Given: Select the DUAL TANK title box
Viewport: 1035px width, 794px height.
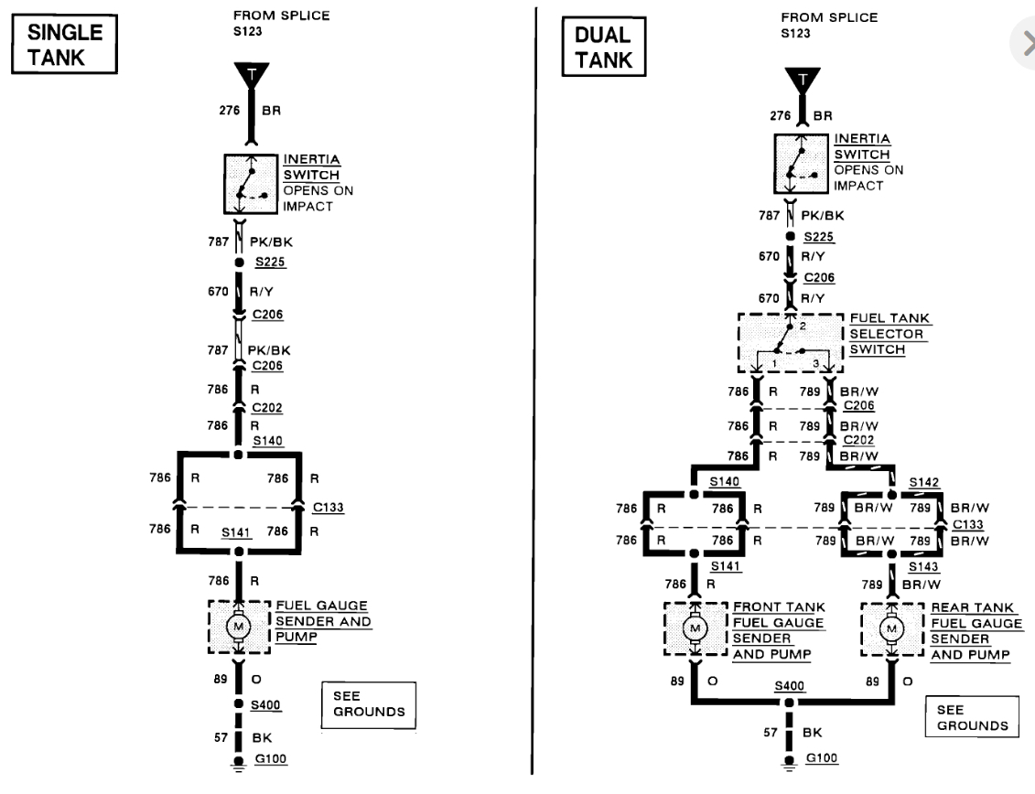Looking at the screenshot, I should (x=602, y=47).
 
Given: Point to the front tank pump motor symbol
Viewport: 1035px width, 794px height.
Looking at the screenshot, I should (x=695, y=628).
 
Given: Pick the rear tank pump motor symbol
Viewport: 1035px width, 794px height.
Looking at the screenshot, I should (x=891, y=628).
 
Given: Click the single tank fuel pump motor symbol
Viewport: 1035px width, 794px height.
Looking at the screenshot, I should (x=240, y=627).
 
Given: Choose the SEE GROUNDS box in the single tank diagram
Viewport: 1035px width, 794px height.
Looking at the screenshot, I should (x=368, y=703).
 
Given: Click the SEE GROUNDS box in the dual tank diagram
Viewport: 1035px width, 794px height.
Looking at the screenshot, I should (x=972, y=717).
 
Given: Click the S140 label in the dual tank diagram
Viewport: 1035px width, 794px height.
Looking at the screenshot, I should (x=727, y=480).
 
